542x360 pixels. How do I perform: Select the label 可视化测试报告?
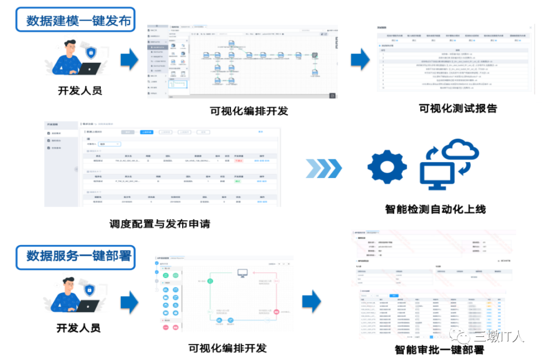click(457, 108)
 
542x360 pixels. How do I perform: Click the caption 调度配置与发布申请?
click(159, 224)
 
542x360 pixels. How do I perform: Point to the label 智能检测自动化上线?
click(436, 209)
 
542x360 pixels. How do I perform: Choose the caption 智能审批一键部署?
click(439, 349)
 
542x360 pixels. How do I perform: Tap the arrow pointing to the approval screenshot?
click(312, 301)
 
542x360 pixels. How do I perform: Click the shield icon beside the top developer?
click(90, 52)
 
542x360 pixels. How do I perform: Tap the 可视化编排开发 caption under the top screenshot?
click(249, 111)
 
